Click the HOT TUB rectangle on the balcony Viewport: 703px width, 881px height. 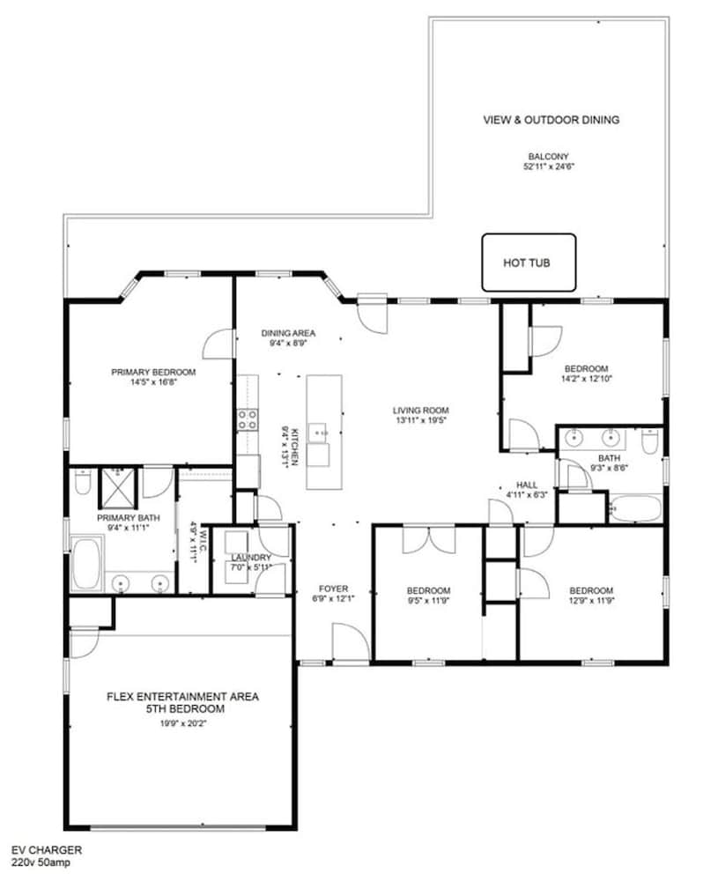tap(529, 263)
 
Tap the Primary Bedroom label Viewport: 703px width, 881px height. tap(153, 372)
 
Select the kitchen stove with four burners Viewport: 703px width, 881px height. tap(247, 419)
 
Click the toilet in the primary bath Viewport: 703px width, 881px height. tap(83, 482)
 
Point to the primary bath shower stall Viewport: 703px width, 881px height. tap(118, 488)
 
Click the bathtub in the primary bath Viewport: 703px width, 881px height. tap(86, 563)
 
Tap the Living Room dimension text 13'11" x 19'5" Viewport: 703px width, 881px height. tap(421, 419)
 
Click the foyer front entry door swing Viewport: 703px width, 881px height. tap(350, 642)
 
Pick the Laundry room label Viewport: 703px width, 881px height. tap(251, 558)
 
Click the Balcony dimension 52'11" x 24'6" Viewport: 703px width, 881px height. tap(549, 167)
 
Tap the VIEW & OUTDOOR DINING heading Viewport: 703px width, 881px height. tap(551, 120)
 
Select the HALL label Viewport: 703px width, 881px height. tap(527, 485)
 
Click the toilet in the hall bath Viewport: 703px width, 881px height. tap(650, 441)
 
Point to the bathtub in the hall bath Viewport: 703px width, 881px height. tap(635, 508)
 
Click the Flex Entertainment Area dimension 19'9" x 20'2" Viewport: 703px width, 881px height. tap(183, 723)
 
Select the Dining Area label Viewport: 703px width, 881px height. tap(288, 333)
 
